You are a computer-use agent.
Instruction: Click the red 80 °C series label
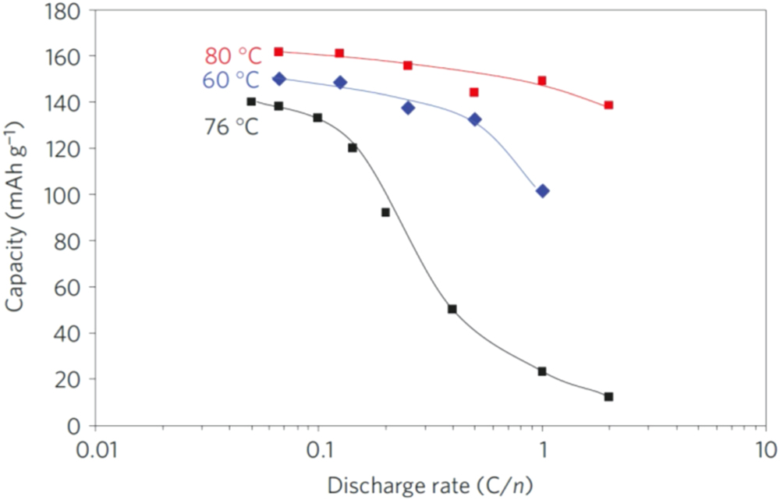click(232, 56)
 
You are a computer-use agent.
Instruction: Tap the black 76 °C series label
click(231, 126)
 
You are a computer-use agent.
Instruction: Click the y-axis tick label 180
click(63, 10)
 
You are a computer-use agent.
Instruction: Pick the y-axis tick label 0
click(75, 426)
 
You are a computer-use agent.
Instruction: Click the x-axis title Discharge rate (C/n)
click(430, 485)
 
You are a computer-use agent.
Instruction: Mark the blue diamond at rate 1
click(543, 191)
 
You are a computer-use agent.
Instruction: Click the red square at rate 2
click(608, 105)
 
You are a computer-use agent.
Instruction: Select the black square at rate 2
click(608, 397)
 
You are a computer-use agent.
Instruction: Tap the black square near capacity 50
click(452, 309)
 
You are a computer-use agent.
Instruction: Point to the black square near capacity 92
click(385, 212)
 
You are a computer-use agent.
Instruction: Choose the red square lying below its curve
click(474, 92)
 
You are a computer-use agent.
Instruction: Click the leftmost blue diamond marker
click(279, 79)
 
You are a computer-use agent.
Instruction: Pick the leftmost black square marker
click(251, 101)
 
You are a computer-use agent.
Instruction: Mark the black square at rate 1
click(542, 371)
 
